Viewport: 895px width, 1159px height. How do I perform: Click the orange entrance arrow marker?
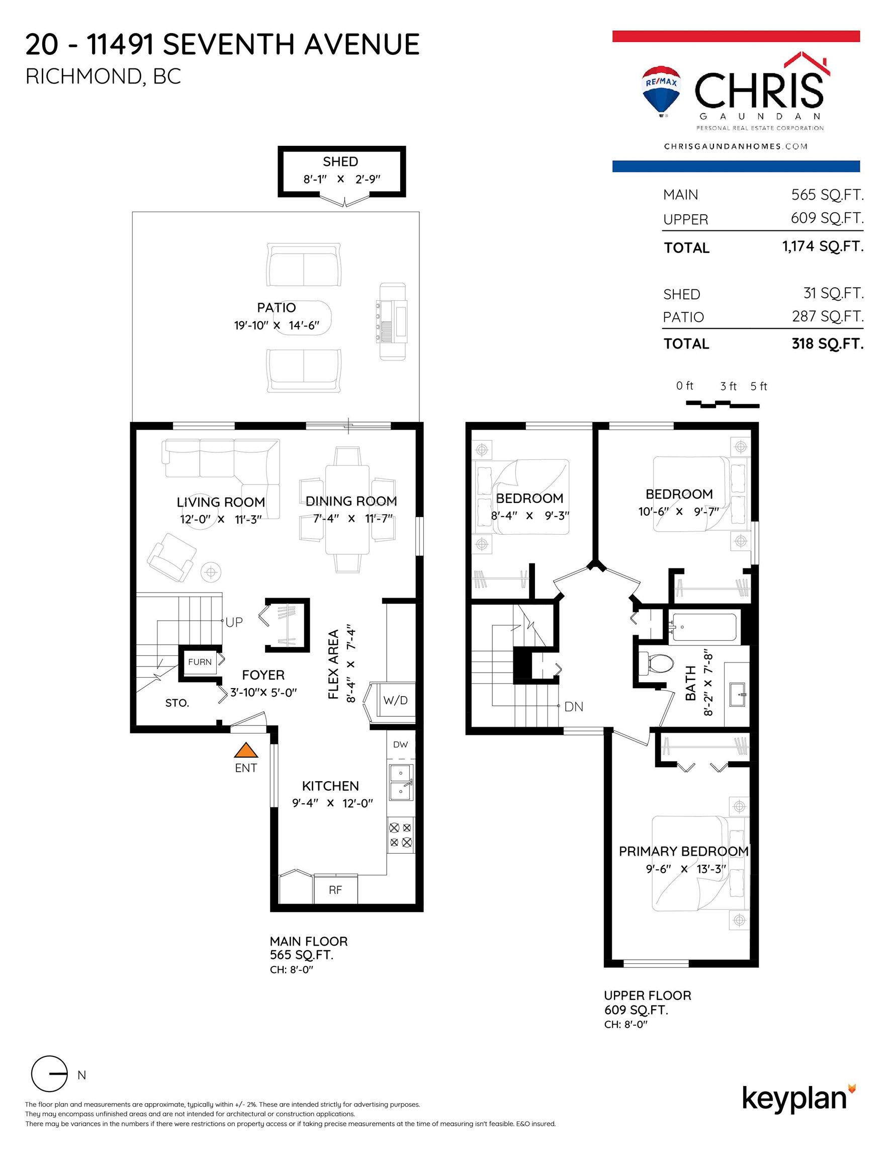[246, 750]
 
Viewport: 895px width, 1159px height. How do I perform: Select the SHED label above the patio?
[340, 161]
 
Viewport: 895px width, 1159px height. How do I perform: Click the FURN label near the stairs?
[200, 662]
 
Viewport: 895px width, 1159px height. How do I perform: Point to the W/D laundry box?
[396, 701]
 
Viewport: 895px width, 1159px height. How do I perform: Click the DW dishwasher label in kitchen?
[401, 744]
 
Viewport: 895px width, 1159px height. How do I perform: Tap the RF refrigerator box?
[335, 889]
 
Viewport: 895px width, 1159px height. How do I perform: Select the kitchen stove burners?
[401, 834]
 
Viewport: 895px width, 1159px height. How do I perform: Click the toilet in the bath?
[656, 663]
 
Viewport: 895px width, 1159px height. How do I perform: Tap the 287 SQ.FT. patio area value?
[828, 316]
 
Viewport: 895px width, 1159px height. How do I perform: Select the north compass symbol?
[49, 1073]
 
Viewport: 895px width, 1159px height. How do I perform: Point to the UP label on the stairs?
[234, 622]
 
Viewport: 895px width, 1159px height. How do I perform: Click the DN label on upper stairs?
[574, 707]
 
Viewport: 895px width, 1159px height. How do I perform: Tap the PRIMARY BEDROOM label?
[684, 851]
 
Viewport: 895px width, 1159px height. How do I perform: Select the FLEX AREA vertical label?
[333, 665]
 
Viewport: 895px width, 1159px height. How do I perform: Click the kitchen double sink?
[402, 783]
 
